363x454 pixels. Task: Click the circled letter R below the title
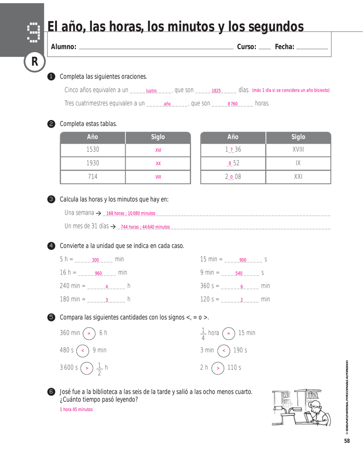35,63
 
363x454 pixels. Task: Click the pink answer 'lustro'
151,90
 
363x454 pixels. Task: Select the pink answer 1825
216,90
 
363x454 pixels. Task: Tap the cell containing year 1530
93,150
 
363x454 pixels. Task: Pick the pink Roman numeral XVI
158,150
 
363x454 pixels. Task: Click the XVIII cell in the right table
298,150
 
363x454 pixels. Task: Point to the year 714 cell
93,176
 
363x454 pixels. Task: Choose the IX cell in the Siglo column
298,163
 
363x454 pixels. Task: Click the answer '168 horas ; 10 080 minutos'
131,213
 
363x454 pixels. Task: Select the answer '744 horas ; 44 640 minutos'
145,227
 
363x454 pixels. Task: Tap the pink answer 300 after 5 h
95,260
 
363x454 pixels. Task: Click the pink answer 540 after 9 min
239,274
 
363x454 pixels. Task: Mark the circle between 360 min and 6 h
89,333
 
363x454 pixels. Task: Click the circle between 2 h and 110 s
218,368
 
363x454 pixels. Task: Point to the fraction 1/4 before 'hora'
203,333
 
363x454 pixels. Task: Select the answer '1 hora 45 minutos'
76,409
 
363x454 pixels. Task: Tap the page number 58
347,441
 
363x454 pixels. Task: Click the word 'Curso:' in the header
247,47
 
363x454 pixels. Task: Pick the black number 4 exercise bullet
51,246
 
